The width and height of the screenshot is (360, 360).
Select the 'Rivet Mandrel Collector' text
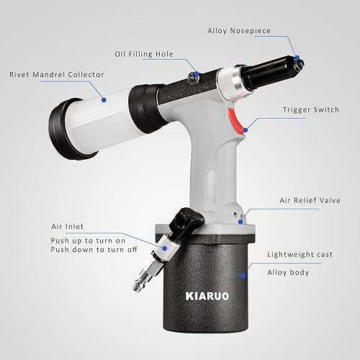[x=55, y=73]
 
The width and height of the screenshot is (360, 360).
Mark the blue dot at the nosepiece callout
[x=296, y=58]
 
